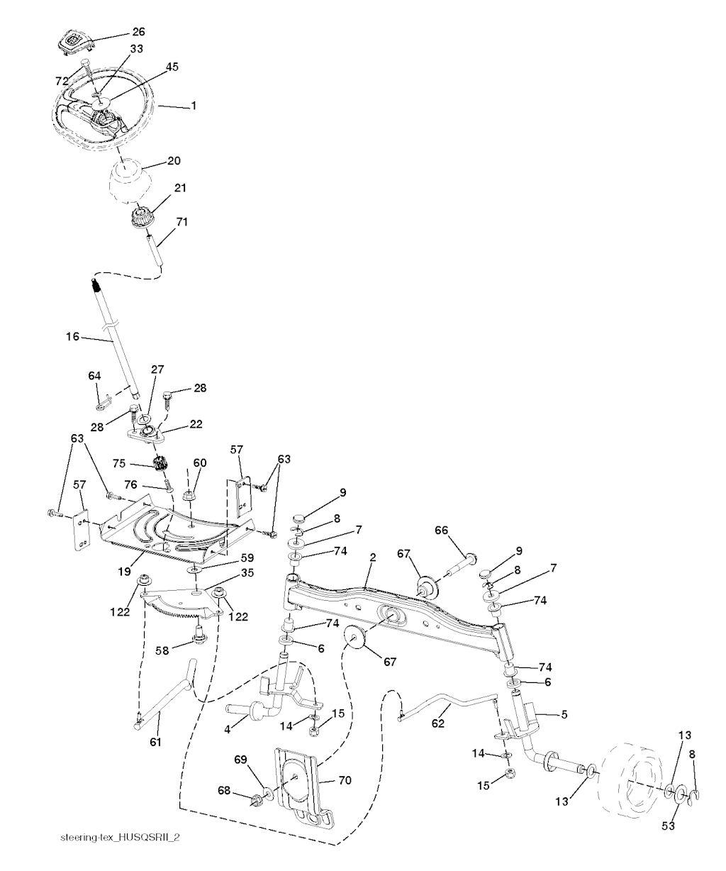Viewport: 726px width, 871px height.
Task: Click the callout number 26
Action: (138, 32)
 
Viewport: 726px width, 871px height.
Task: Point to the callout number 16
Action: (73, 337)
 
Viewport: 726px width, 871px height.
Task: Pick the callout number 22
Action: (196, 423)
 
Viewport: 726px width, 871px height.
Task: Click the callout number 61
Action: (155, 742)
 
